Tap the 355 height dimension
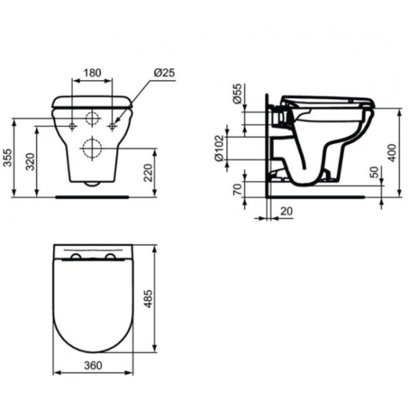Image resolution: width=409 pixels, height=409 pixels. click(7, 158)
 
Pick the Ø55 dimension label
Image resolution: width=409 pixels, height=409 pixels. click(237, 94)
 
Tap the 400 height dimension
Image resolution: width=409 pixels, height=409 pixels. click(391, 151)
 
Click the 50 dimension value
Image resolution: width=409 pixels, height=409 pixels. click(374, 172)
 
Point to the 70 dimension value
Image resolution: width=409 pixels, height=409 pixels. click(237, 190)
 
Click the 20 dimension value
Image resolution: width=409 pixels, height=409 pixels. click(286, 211)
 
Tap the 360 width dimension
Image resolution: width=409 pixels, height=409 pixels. click(93, 365)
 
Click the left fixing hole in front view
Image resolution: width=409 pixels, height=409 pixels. click(72, 126)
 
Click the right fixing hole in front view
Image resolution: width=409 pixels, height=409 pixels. click(112, 126)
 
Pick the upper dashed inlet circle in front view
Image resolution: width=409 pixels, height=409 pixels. click(92, 119)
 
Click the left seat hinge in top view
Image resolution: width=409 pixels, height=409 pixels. click(76, 257)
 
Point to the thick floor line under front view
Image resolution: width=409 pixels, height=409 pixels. click(91, 196)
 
